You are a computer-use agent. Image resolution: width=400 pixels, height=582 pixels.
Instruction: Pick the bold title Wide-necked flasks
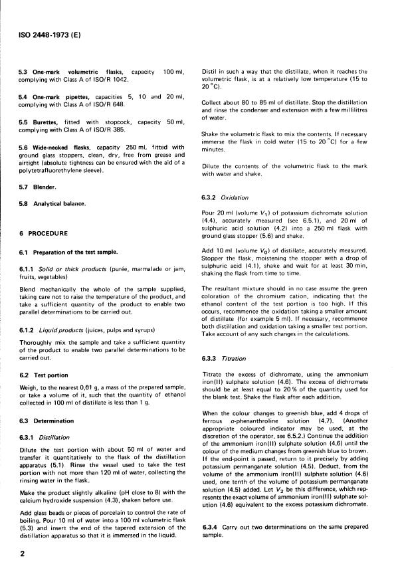point(68,147)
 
